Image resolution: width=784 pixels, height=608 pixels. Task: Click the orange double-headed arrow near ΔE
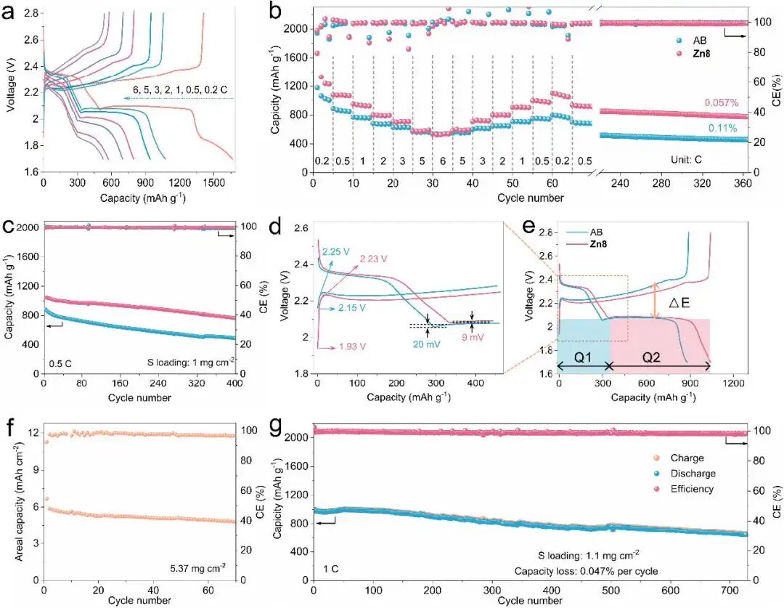656,300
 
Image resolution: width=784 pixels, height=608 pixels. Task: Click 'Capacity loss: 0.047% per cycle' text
587,571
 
